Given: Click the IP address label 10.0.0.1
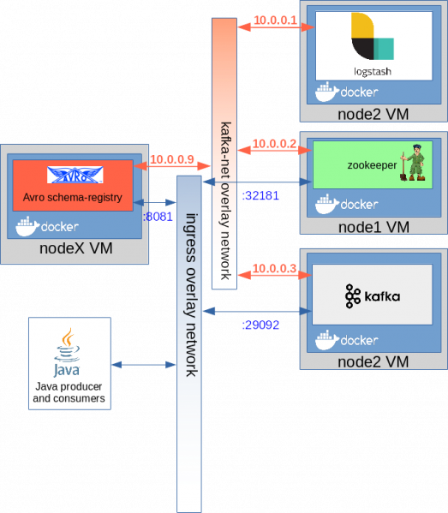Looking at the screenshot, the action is tap(275, 21).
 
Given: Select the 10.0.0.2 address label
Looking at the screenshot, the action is tap(274, 144).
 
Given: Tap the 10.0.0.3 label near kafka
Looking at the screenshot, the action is tap(274, 269).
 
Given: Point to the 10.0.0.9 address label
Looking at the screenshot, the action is tap(172, 159).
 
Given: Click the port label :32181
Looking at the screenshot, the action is tap(260, 195).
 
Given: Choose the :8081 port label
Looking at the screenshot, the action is tap(158, 217).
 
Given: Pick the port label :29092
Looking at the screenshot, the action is tap(260, 325).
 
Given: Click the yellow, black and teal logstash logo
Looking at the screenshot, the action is tap(373, 36).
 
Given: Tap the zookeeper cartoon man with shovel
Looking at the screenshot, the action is tap(412, 163).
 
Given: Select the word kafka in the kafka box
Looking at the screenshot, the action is tap(382, 296).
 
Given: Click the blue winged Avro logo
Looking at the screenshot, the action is tap(75, 175).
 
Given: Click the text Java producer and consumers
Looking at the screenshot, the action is tap(69, 392).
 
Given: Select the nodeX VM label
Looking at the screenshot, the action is tap(76, 248).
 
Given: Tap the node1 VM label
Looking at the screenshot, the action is tap(373, 227).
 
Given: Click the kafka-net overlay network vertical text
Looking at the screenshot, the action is tap(225, 201).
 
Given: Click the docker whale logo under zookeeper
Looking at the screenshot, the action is tap(327, 204).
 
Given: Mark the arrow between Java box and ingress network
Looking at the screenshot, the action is tap(144, 365).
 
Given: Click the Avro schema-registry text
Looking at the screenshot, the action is tap(72, 197).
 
